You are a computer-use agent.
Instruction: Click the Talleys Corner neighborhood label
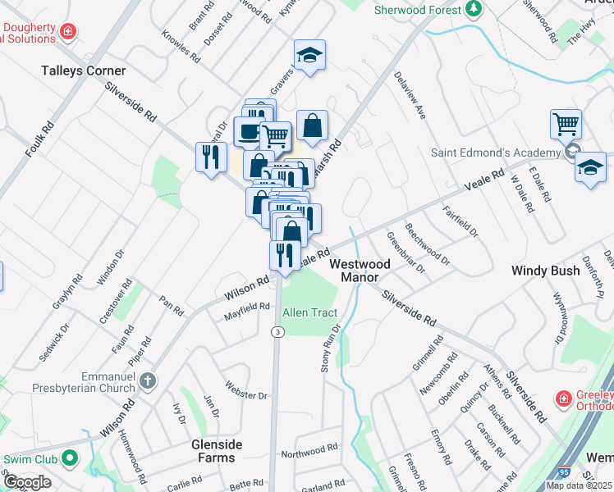tap(84, 71)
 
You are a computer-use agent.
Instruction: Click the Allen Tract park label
tap(310, 312)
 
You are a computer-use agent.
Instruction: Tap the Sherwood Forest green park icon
tap(474, 9)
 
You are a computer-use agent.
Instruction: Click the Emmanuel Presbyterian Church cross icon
tap(148, 380)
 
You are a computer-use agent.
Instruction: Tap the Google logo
tap(27, 482)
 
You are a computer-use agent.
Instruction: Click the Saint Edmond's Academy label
tap(495, 153)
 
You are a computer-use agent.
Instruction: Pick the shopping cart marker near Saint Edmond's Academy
tap(566, 125)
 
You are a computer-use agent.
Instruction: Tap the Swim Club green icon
tap(71, 458)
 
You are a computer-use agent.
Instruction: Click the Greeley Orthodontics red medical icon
tap(564, 399)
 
